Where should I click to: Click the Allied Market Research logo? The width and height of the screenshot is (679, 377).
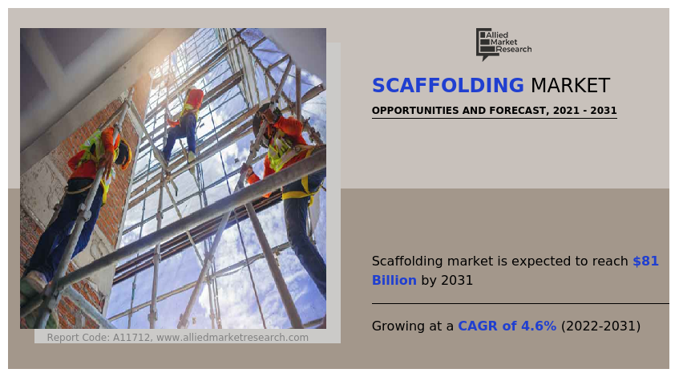click(x=503, y=44)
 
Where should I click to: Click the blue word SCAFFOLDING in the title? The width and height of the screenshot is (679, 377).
click(x=448, y=85)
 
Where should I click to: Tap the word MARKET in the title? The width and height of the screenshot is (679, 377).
click(x=570, y=85)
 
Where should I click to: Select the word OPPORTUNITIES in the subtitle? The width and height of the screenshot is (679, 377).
click(x=415, y=111)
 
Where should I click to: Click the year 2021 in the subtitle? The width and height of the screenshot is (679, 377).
click(x=565, y=111)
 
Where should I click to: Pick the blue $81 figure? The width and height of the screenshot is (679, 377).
click(x=645, y=261)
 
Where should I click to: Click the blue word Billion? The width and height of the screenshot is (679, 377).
click(x=394, y=280)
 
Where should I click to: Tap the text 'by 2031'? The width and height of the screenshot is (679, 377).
click(x=447, y=281)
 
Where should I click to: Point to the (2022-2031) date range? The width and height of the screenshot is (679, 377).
click(x=600, y=326)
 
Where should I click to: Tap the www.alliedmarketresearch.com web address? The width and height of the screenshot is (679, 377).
click(x=232, y=337)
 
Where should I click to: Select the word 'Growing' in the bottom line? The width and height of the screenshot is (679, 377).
click(x=398, y=326)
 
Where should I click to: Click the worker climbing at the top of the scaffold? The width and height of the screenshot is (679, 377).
click(x=185, y=124)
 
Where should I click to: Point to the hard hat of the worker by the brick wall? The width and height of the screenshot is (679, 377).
click(x=125, y=153)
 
